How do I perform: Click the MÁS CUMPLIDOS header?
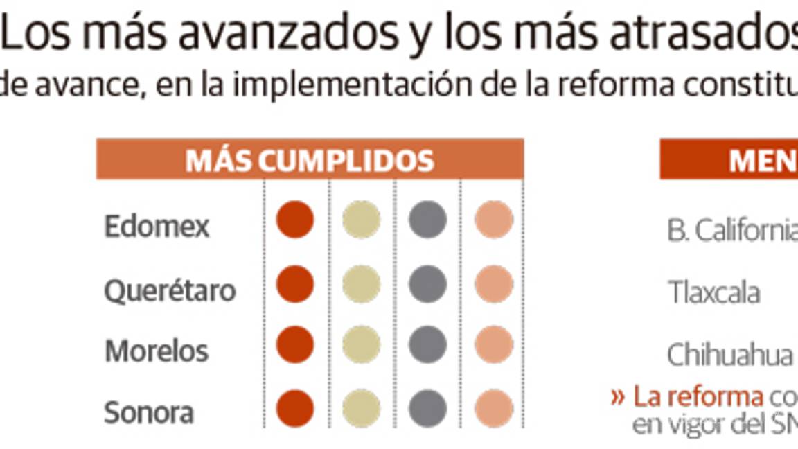pos(310,160)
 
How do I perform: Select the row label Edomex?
pos(157,227)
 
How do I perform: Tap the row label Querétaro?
pos(170,290)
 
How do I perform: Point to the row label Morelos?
pos(157,351)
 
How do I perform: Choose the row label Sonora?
pos(148,413)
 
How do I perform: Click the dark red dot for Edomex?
pos(295,220)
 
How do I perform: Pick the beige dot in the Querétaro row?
pos(362,283)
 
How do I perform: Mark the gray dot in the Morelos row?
pos(427,345)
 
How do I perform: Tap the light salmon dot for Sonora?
pos(494,407)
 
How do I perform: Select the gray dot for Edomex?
pos(427,220)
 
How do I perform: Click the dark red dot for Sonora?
pos(295,407)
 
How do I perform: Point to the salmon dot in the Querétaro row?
pos(494,283)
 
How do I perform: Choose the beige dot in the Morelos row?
pos(362,345)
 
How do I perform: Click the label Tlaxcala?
pos(713,292)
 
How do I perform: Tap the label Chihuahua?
pos(729,355)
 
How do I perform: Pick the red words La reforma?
pos(698,398)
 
